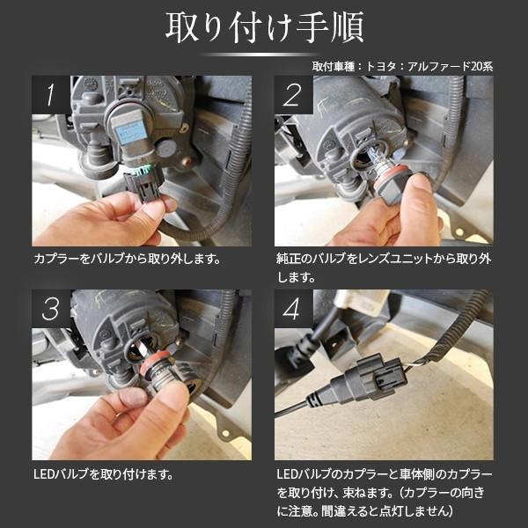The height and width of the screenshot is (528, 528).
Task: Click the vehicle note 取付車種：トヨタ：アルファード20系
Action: coord(402,66)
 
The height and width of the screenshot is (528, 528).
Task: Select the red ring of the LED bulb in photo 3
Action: coord(156,365)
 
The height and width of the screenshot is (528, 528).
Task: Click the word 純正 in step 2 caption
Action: coord(288,260)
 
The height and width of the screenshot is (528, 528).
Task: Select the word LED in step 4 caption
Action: coord(286,474)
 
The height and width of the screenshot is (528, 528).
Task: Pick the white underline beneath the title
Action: coord(264,55)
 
